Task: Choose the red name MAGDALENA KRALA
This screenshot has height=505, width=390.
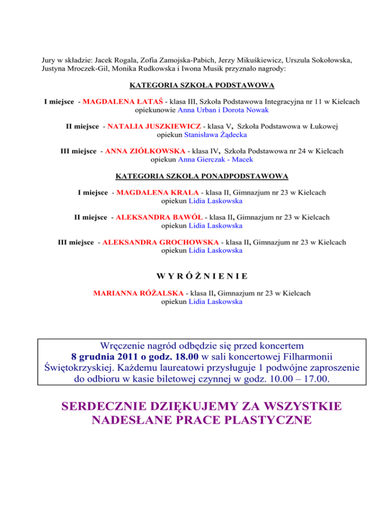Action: point(157,193)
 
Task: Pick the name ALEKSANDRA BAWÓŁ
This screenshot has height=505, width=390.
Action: point(159,217)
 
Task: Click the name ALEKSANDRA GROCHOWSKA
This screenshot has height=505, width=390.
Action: point(161,242)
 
